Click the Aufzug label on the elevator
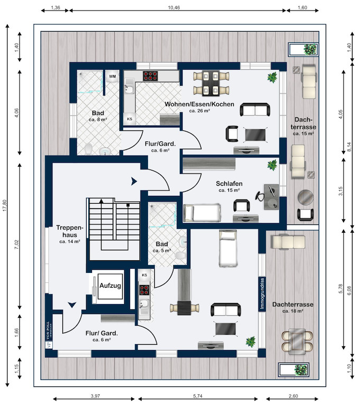(x=110, y=286)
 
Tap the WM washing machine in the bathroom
(x=112, y=77)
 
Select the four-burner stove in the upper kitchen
(x=151, y=75)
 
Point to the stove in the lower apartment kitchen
(x=144, y=289)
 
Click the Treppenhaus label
(x=68, y=231)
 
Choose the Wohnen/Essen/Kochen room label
(x=199, y=105)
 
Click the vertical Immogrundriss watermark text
(x=262, y=293)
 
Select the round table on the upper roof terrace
(x=306, y=197)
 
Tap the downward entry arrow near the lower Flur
(x=71, y=305)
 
